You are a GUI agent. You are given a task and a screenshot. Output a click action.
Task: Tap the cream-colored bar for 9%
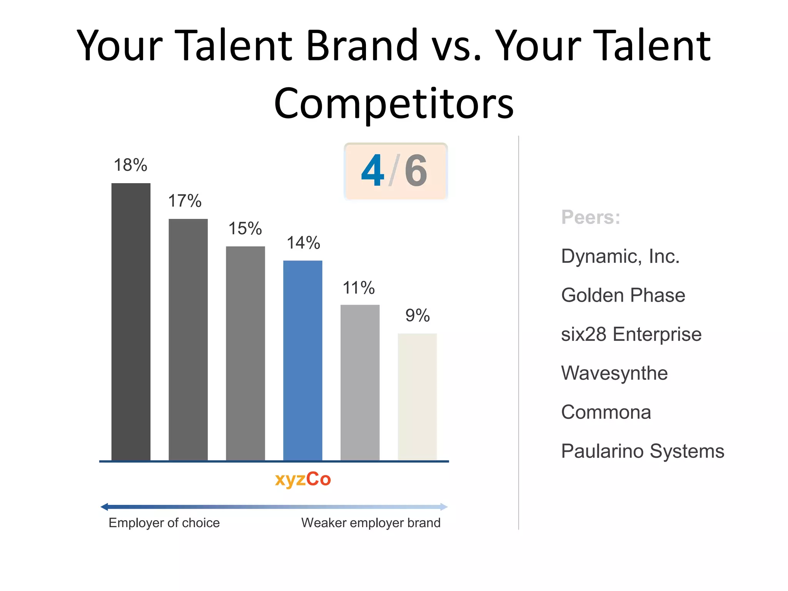(x=417, y=396)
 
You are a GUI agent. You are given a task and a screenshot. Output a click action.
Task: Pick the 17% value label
(x=185, y=201)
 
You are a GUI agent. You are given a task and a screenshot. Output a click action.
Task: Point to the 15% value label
(x=245, y=229)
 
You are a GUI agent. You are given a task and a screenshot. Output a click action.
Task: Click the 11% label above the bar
(x=359, y=288)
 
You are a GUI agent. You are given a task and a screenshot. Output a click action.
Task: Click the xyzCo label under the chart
(x=303, y=479)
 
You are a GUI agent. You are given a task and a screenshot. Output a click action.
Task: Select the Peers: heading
(x=591, y=217)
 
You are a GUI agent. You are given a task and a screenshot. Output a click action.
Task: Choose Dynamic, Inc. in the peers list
(x=620, y=256)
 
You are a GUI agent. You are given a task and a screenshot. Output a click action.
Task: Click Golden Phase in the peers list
(x=623, y=295)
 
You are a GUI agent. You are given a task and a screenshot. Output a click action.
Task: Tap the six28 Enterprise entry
(x=631, y=334)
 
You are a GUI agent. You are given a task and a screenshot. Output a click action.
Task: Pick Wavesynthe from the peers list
(x=614, y=373)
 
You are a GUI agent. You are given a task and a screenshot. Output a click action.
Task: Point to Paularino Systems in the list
(x=642, y=451)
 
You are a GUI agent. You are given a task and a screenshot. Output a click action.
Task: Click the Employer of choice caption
(x=164, y=523)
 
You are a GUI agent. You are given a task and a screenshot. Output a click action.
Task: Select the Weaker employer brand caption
(x=371, y=523)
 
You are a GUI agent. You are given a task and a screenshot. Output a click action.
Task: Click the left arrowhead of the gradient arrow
(x=104, y=507)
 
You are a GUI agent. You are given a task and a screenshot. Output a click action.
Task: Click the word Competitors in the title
(x=394, y=103)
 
